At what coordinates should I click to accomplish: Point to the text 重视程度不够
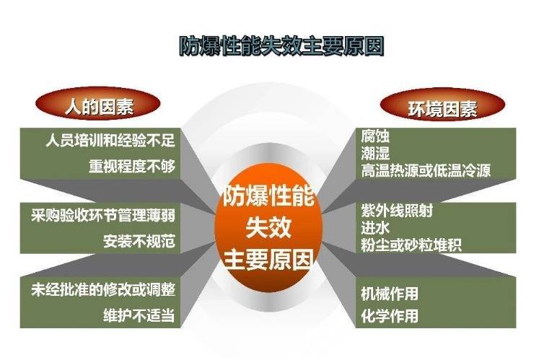pyautogui.click(x=131, y=165)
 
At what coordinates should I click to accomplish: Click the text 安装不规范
pyautogui.click(x=139, y=240)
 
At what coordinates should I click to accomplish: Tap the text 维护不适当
pyautogui.click(x=139, y=315)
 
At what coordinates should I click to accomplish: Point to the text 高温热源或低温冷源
pyautogui.click(x=426, y=170)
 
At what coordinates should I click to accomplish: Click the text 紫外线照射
pyautogui.click(x=394, y=211)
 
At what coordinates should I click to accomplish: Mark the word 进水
pyautogui.click(x=375, y=228)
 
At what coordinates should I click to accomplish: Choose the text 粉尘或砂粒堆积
pyautogui.click(x=411, y=245)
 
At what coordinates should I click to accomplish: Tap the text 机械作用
pyautogui.click(x=390, y=293)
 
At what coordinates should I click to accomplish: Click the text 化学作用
pyautogui.click(x=390, y=315)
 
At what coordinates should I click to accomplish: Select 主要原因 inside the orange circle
pyautogui.click(x=268, y=258)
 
